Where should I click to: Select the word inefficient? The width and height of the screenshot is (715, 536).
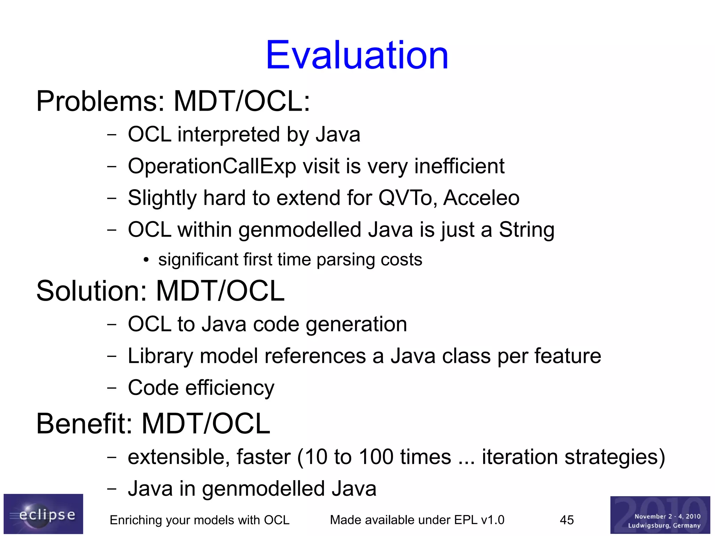click(459, 166)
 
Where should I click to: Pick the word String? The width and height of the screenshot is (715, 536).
click(526, 230)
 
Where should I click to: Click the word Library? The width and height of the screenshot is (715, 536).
click(161, 356)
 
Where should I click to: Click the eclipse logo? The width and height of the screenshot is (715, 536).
click(43, 514)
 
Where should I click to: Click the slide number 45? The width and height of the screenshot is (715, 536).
click(567, 520)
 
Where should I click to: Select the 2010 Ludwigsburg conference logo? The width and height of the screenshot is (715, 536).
click(660, 515)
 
